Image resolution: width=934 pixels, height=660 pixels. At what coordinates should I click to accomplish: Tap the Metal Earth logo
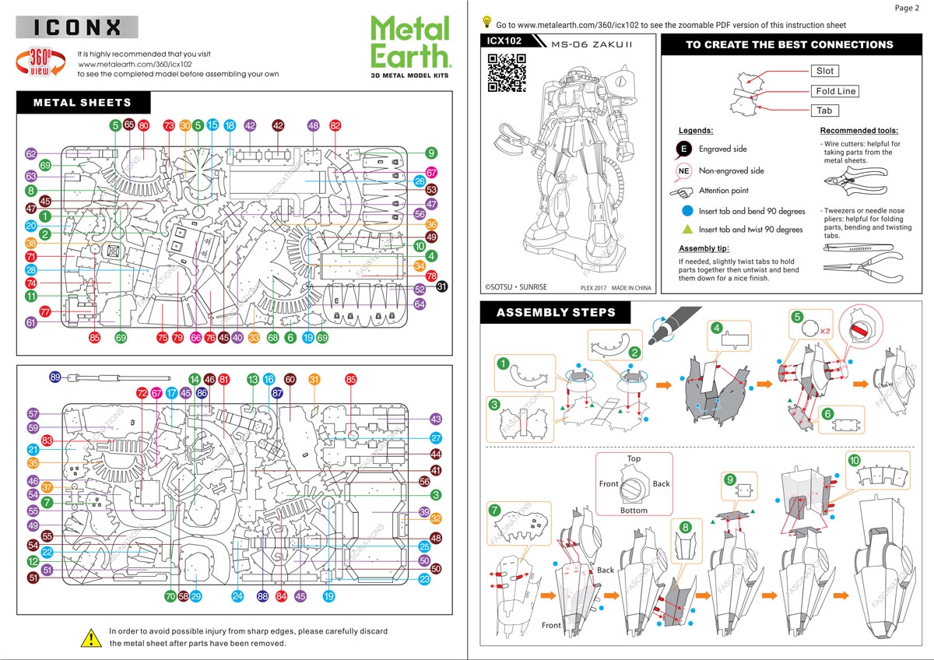tap(410, 45)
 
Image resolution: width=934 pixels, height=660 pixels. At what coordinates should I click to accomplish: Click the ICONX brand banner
tap(77, 28)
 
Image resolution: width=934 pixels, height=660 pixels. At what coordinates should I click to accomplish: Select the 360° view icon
tap(40, 61)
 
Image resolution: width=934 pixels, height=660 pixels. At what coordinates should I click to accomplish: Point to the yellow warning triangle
tap(91, 637)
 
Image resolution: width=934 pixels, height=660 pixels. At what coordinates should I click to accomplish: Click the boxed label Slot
tap(824, 71)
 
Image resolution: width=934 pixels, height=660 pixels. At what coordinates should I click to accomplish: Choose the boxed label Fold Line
tap(835, 91)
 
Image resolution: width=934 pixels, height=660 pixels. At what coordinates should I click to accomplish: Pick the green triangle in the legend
tap(686, 230)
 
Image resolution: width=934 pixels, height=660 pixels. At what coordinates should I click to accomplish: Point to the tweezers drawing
tap(851, 248)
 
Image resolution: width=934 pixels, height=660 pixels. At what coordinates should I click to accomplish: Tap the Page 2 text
tap(907, 8)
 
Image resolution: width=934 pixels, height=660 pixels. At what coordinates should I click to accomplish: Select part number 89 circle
tap(55, 377)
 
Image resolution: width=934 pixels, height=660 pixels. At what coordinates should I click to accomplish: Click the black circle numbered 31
tap(442, 287)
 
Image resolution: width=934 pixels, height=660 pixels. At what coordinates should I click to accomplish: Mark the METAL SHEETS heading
tap(83, 102)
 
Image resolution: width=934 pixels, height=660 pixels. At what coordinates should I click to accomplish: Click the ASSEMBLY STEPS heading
tap(556, 313)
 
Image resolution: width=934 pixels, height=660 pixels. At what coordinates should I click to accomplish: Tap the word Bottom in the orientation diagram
tap(634, 511)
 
